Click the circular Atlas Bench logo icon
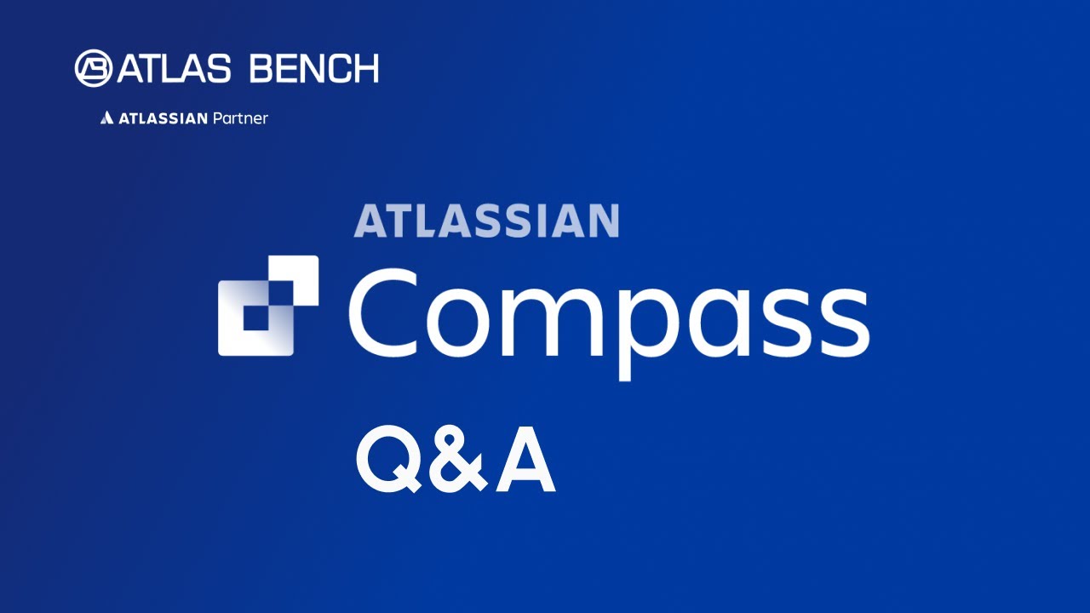pos(93,68)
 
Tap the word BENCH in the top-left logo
pos(313,68)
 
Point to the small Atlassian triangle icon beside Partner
pos(106,118)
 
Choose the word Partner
pos(240,118)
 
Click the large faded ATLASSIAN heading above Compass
pos(486,221)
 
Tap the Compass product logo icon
pos(268,305)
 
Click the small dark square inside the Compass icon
pos(255,318)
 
